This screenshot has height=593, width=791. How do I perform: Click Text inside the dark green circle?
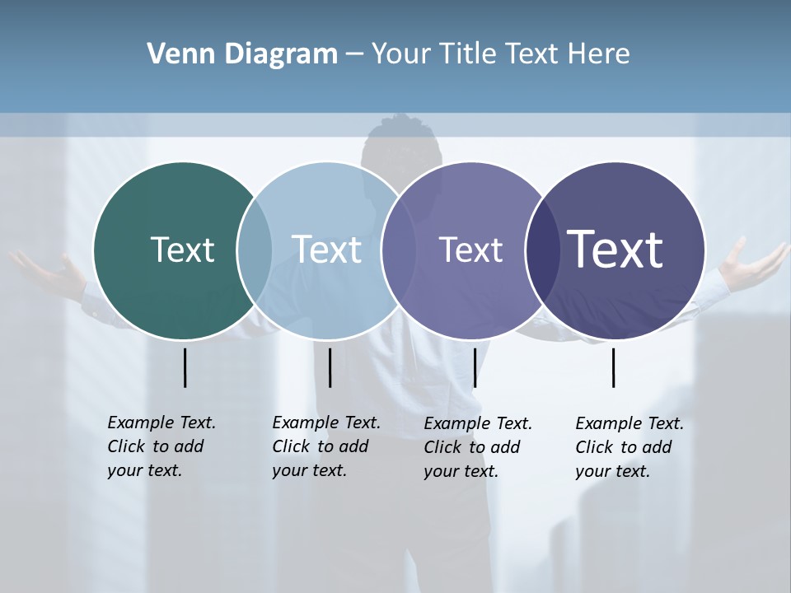182,250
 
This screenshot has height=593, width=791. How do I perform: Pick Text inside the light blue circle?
326,250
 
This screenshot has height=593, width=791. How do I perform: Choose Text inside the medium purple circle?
470,250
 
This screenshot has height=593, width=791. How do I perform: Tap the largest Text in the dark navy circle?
615,250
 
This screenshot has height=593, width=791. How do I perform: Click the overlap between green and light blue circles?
255,250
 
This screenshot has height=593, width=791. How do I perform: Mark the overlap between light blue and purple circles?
399,250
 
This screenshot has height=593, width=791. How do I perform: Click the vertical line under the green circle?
185,367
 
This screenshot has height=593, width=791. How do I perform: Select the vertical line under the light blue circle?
330,367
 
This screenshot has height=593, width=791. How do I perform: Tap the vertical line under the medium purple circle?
475,367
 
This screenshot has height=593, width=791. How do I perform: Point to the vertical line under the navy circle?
613,367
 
